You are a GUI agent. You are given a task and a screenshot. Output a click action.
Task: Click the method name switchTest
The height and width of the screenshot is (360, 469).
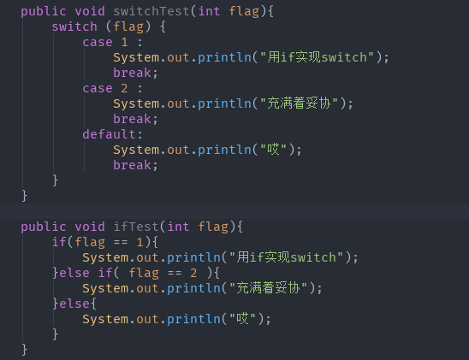(151, 11)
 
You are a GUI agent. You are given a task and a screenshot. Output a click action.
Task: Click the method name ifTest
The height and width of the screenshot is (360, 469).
(136, 227)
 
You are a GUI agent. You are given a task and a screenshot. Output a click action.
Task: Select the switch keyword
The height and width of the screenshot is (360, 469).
(74, 27)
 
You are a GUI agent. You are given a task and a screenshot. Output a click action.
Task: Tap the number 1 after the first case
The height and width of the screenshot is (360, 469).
(124, 42)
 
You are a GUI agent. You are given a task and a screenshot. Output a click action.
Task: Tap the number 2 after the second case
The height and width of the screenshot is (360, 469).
(124, 88)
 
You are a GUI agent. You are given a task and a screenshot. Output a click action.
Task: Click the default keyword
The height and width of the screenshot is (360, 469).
(110, 134)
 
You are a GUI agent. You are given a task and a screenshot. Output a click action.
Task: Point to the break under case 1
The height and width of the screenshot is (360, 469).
(132, 73)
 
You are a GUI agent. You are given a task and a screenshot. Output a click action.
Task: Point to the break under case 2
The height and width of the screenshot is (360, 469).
(132, 119)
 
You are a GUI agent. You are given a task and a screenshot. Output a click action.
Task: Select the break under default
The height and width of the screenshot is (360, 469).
(132, 165)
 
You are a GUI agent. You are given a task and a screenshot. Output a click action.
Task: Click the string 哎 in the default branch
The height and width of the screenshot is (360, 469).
(273, 150)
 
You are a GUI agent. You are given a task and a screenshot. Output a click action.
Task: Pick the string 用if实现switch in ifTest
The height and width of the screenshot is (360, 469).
(286, 257)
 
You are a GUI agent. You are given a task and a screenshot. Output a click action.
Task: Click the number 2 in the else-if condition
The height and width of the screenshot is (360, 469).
(193, 273)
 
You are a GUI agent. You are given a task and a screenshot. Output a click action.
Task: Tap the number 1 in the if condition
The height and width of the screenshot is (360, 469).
(140, 242)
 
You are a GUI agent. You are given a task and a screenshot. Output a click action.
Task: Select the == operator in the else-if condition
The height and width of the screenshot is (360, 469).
(175, 273)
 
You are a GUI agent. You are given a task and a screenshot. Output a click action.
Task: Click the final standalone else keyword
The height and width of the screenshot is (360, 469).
(74, 304)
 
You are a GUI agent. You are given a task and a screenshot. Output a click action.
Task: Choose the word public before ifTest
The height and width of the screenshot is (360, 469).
(44, 227)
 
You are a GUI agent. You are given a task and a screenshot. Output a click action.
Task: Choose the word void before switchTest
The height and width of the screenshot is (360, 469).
(90, 11)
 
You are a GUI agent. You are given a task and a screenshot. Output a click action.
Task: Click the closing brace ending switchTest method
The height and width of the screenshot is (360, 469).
(24, 196)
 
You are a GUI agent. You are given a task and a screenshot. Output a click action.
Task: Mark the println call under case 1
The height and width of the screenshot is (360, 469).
(224, 57)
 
